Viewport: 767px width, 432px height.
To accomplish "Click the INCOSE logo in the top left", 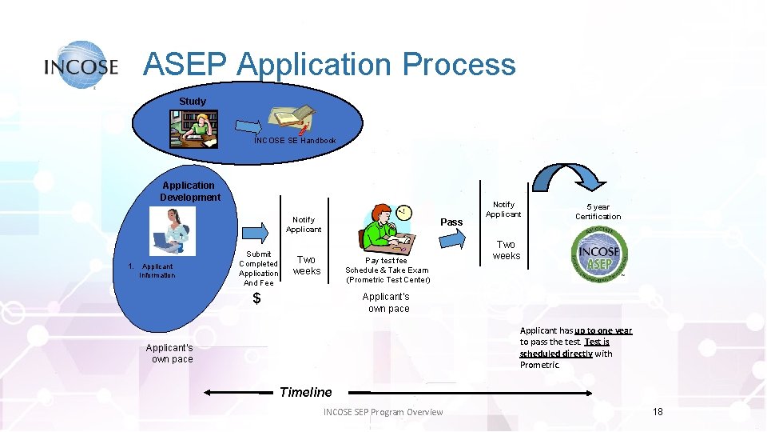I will click(81, 65).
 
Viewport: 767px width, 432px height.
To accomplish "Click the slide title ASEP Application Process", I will click(329, 64).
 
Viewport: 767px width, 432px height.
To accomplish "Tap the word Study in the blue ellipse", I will click(193, 102).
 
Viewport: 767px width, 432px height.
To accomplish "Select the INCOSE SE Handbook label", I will click(295, 141).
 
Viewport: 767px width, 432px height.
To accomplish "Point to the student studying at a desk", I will click(193, 129).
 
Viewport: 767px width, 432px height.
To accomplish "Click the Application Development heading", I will click(190, 191).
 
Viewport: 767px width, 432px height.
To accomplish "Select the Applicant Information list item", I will click(156, 270).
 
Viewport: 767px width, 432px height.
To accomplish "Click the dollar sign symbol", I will click(256, 298).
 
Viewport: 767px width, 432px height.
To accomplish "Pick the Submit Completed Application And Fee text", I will click(258, 268).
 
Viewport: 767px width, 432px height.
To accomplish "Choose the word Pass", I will click(451, 222).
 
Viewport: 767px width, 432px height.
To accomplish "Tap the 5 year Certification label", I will click(598, 211).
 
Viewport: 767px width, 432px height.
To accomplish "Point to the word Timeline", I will click(305, 392).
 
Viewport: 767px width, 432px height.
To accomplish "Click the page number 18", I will click(658, 411).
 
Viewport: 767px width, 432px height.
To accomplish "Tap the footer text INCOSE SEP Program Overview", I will click(383, 412).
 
